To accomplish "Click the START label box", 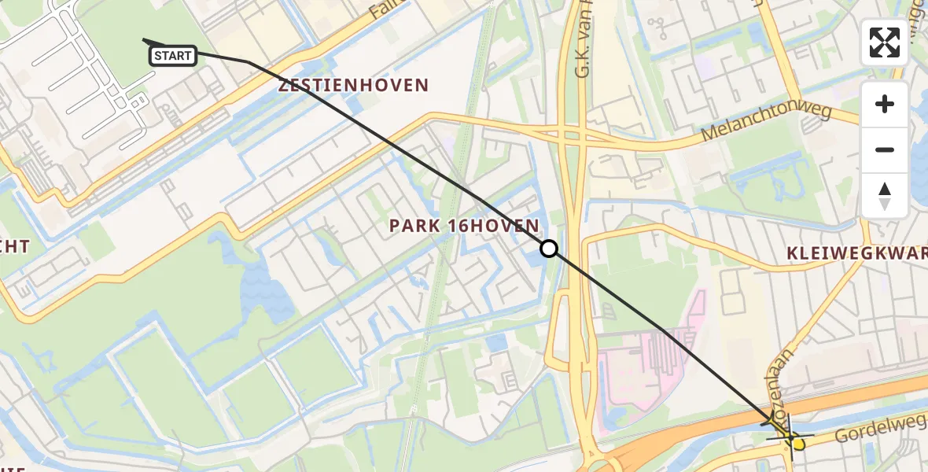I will [x=172, y=55].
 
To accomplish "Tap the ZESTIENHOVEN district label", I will [x=354, y=85].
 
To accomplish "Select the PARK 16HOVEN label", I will [x=464, y=226].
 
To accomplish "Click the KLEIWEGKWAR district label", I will [x=856, y=253].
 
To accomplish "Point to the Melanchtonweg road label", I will [x=766, y=124].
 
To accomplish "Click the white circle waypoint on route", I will [x=549, y=249].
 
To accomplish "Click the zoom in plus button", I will [x=885, y=104].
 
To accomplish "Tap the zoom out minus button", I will [x=885, y=149].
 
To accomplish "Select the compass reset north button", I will [x=885, y=195].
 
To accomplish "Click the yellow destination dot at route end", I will [x=797, y=444].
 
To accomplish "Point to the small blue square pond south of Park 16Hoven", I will [x=496, y=344].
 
